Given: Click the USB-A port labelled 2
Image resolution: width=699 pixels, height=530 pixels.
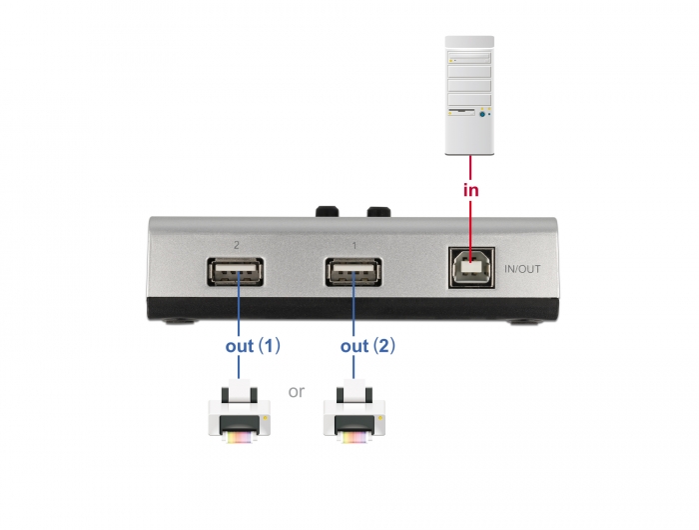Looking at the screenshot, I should click(x=237, y=273).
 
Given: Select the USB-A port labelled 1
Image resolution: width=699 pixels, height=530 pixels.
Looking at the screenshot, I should click(x=353, y=273).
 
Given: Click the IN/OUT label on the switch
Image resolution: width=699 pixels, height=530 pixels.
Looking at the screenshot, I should click(x=523, y=268).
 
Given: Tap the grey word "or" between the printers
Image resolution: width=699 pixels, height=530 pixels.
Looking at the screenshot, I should click(x=297, y=391).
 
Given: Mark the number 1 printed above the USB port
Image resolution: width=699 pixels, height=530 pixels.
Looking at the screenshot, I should click(x=354, y=244).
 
